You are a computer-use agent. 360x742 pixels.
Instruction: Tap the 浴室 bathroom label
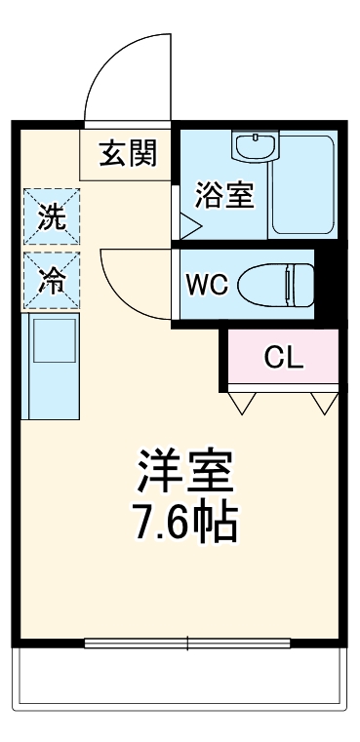coord(224,195)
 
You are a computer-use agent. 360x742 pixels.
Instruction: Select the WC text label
coord(207,285)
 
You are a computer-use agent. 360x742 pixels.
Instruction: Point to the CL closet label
coord(284,358)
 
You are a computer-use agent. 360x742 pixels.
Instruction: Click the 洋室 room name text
coord(184,474)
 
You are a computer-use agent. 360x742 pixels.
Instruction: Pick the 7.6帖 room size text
coord(184,524)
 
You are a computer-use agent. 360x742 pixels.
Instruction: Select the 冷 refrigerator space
coord(52,280)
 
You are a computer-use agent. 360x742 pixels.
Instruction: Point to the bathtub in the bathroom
coord(303,183)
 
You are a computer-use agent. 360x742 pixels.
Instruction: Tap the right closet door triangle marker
coord(323,399)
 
